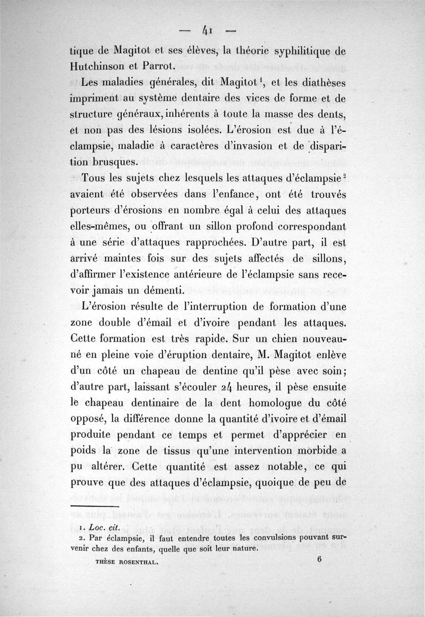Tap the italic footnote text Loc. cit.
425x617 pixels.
[x=103, y=528]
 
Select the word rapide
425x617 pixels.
[x=215, y=338]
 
